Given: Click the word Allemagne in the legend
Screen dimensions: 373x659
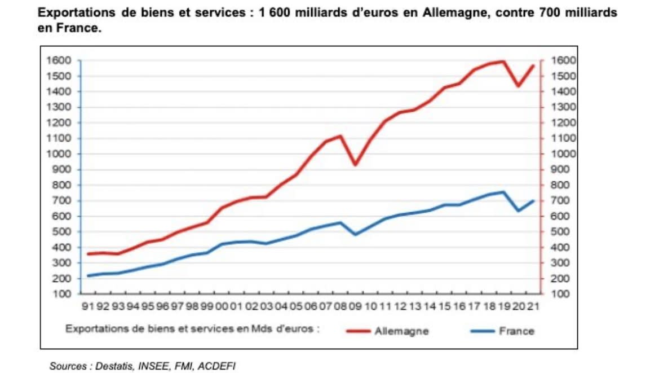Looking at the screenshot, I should pyautogui.click(x=401, y=331).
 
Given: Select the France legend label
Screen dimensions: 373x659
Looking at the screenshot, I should pyautogui.click(x=516, y=331).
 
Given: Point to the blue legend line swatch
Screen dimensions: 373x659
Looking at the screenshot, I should pyautogui.click(x=481, y=331).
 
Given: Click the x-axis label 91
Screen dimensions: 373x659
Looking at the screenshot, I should pyautogui.click(x=87, y=306).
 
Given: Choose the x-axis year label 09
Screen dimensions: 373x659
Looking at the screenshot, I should pyautogui.click(x=355, y=306).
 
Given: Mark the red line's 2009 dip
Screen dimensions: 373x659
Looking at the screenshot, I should pyautogui.click(x=355, y=165).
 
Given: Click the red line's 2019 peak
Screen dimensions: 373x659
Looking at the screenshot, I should pyautogui.click(x=503, y=61).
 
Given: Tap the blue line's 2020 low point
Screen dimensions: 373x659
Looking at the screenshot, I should pyautogui.click(x=518, y=211).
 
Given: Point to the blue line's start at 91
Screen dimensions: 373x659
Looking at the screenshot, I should pyautogui.click(x=88, y=275).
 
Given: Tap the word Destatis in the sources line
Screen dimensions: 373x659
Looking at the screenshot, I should pyautogui.click(x=111, y=366).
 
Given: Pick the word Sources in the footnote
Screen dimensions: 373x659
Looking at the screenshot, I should pyautogui.click(x=66, y=366).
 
